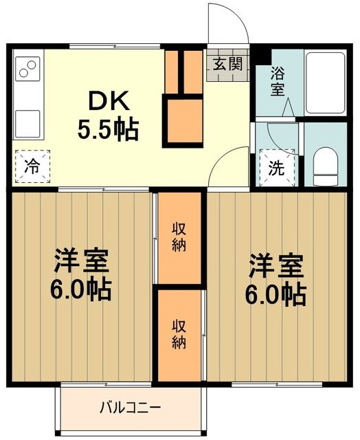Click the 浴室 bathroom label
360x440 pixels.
tap(278, 81)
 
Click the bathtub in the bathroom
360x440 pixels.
tap(326, 83)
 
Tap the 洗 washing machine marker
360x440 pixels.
tap(275, 169)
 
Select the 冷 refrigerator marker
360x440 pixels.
tap(31, 165)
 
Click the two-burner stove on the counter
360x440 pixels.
tap(27, 69)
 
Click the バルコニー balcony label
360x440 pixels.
tap(131, 408)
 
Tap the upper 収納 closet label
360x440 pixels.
tap(179, 237)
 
